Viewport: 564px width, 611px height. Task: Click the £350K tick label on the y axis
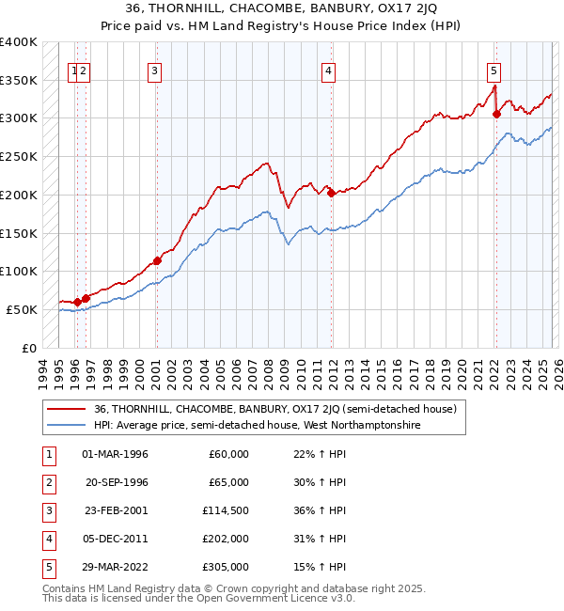tap(19, 80)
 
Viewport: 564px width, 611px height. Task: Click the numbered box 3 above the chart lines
tap(154, 69)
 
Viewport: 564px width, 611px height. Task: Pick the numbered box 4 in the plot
tap(328, 69)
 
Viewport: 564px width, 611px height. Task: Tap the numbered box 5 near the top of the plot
tap(493, 69)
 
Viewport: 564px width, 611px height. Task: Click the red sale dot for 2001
tap(157, 260)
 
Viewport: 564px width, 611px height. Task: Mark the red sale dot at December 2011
tap(331, 194)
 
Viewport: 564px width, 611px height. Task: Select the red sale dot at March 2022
tap(497, 115)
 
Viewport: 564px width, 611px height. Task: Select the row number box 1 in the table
tap(46, 454)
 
